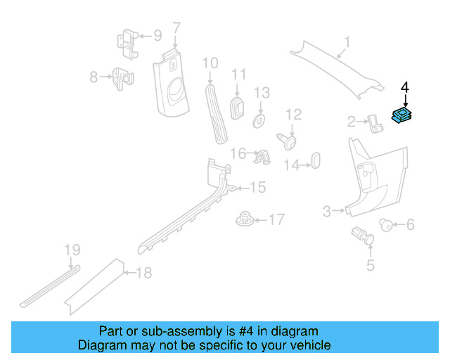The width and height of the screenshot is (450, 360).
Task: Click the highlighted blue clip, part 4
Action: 402,116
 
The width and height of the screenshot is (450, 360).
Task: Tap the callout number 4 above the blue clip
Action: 404,87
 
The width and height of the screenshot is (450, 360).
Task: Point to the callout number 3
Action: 327,211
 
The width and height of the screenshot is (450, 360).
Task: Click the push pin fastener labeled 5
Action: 385,224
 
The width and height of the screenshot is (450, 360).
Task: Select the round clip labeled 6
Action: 176,28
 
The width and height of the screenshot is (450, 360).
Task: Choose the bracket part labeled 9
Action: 210,64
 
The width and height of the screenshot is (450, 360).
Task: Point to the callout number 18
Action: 143,273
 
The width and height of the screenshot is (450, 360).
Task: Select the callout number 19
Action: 73,250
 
